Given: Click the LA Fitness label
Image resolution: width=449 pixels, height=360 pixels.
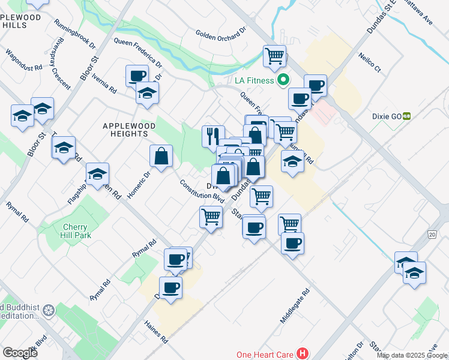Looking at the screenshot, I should pos(250,80).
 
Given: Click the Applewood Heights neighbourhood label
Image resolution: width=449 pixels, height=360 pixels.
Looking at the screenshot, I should pos(129,130).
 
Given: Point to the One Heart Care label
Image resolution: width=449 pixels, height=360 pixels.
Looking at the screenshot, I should pos(264,355).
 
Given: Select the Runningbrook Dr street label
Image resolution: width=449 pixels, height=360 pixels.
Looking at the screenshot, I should pos(75,34).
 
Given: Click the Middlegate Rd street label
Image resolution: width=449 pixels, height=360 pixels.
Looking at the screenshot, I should pos(295,306).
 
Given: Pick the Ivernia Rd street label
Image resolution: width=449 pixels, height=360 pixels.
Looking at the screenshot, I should pos(104,84).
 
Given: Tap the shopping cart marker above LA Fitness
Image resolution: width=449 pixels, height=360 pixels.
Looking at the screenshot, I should pos(274,56).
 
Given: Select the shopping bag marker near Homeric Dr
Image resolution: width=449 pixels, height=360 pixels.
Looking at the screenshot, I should pos(161,156).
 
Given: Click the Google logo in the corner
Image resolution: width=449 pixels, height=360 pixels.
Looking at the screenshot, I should pos(20,352).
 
